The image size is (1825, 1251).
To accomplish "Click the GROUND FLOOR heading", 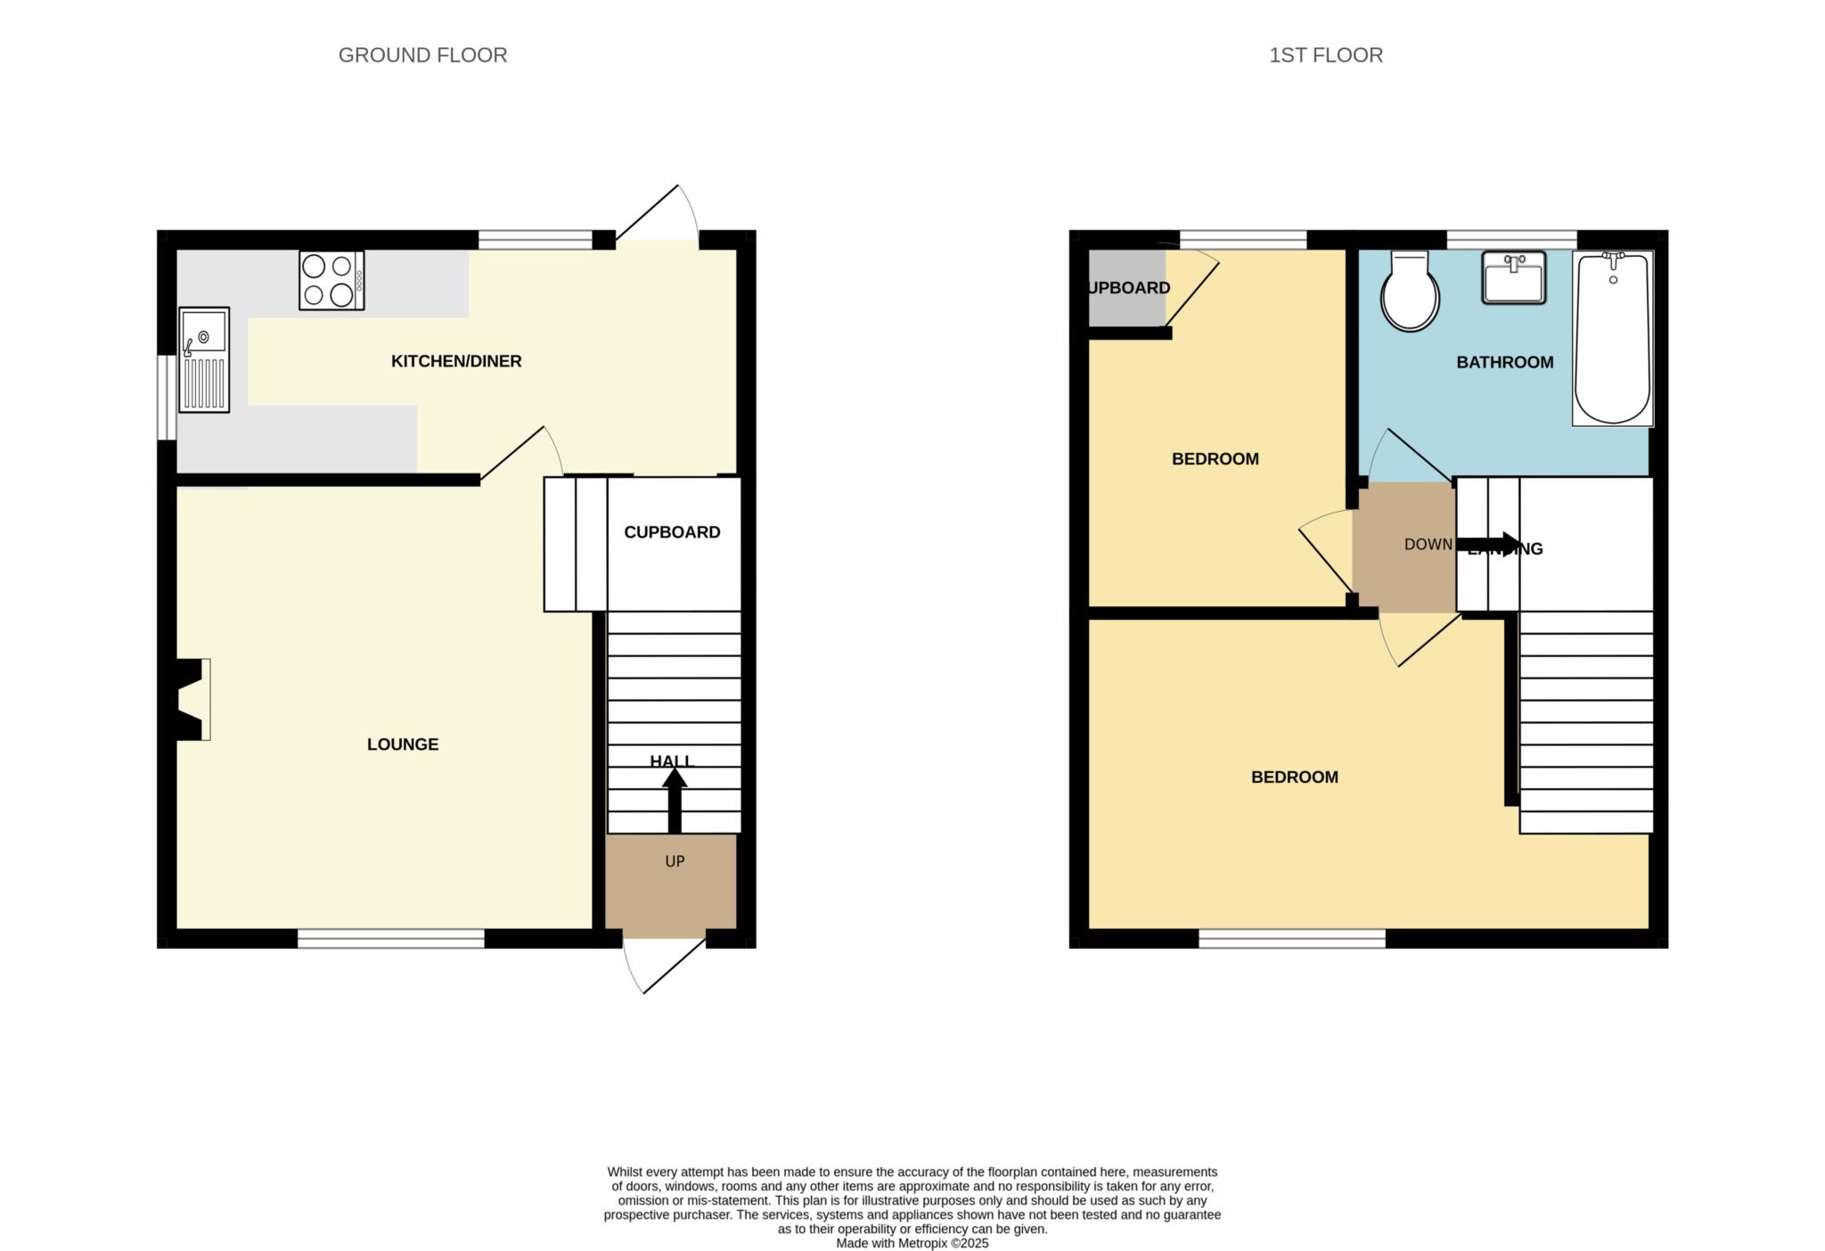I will [422, 55].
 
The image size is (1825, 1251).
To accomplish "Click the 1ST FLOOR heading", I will [1325, 55].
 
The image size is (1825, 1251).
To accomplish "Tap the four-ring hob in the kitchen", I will [331, 280].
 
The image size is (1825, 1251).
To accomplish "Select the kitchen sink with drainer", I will [204, 359].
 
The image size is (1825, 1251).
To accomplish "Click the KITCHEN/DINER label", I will [456, 361].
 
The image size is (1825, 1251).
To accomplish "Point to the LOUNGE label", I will [403, 745].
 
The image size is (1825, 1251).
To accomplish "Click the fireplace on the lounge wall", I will [191, 700].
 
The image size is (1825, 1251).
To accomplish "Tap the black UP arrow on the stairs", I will [675, 798].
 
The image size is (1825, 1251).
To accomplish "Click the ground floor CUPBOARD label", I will [672, 532].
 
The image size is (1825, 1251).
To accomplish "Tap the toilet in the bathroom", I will [1410, 292].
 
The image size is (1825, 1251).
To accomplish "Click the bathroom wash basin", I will [1513, 277].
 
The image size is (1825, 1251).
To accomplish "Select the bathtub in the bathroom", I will [1612, 339].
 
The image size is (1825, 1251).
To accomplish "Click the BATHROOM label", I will [1504, 362].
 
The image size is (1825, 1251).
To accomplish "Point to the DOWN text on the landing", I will [1428, 545].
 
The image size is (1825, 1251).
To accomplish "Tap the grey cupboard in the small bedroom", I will [1126, 288].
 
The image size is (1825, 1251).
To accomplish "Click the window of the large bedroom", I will [1291, 938].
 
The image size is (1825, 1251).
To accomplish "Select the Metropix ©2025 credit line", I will [912, 1243].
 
